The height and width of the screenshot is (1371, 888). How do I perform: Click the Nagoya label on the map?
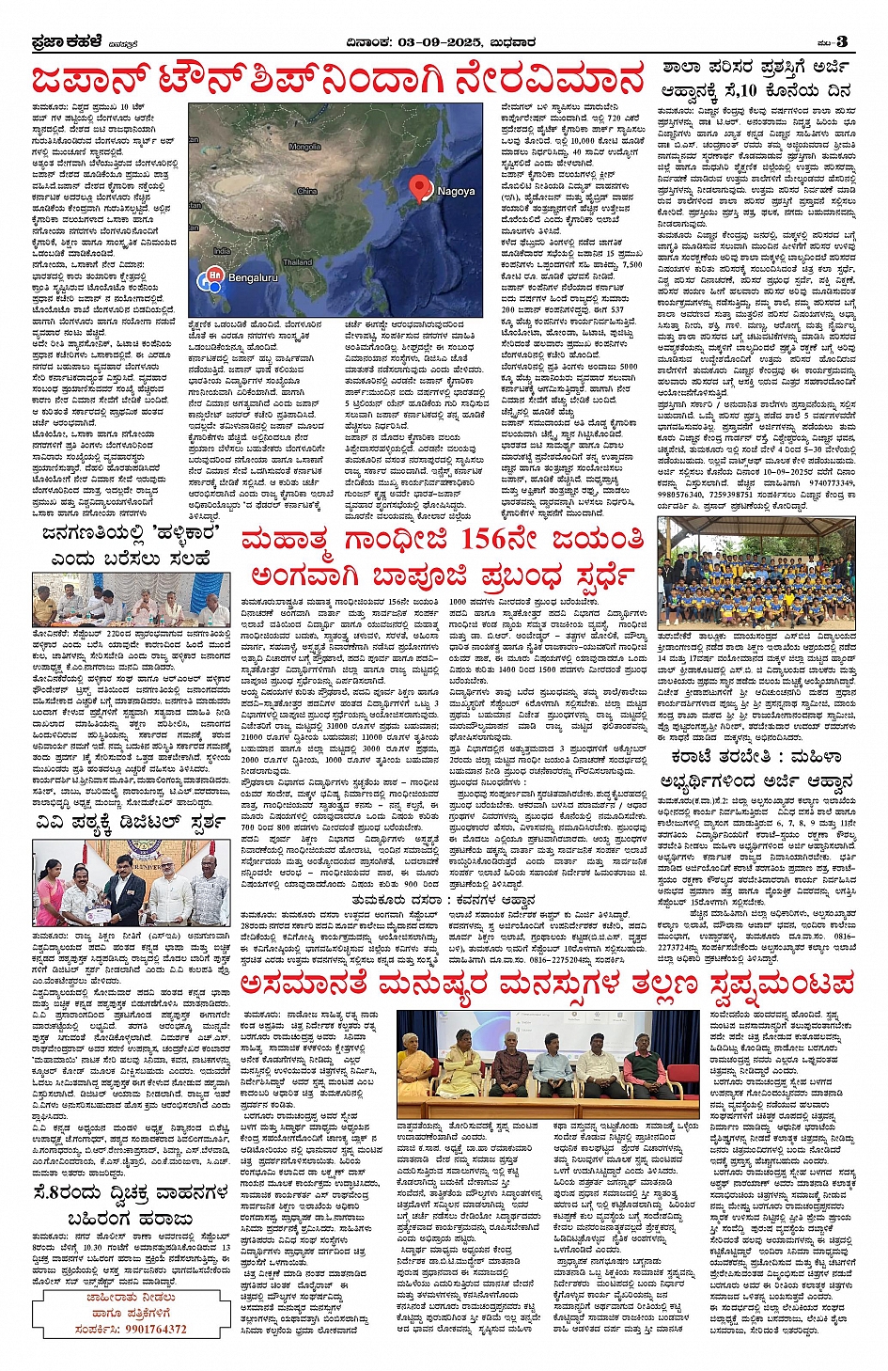tap(457, 191)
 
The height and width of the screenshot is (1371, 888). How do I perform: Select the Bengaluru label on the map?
tap(253, 277)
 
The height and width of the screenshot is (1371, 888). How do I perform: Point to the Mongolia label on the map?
tap(304, 147)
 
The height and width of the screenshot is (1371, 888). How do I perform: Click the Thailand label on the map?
tap(297, 261)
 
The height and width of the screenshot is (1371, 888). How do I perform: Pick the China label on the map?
tap(307, 191)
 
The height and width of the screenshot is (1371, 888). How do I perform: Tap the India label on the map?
tap(221, 251)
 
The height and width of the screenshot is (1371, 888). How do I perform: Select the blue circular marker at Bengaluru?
tap(213, 278)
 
